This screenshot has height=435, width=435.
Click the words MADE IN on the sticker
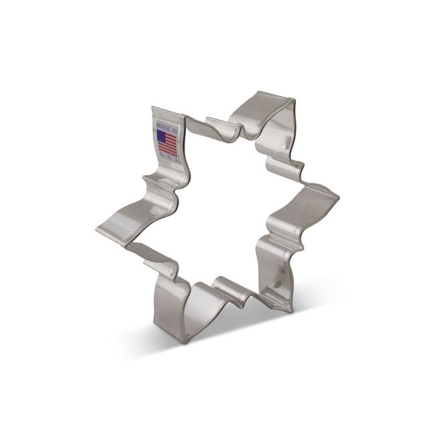pyautogui.click(x=165, y=125)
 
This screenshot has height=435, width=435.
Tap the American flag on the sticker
pyautogui.click(x=167, y=142)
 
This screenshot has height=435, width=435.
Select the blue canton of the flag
pyautogui.click(x=162, y=136)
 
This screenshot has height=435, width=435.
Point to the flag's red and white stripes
pyautogui.click(x=170, y=145)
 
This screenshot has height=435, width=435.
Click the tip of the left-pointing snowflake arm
pyautogui.click(x=98, y=228)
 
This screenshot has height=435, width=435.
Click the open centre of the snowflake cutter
pyautogui.click(x=221, y=207)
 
